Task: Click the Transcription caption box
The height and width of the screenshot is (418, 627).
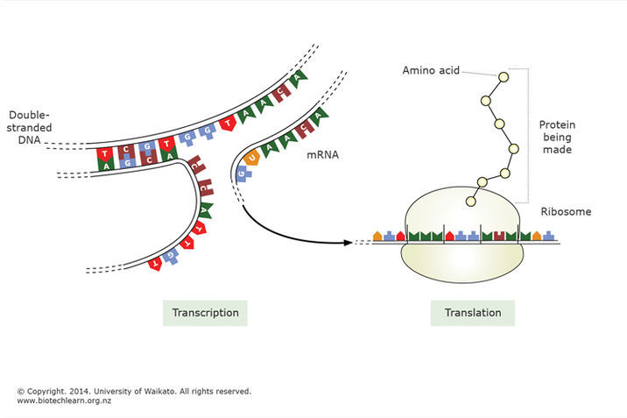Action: (x=205, y=312)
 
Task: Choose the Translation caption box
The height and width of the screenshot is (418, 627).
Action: (x=472, y=312)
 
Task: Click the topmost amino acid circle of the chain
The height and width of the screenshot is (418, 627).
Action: (x=503, y=77)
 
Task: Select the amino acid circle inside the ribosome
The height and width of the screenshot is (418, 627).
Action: (x=471, y=202)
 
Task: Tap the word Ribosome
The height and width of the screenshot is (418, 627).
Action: (x=567, y=211)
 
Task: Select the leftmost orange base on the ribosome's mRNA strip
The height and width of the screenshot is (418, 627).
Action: (x=377, y=236)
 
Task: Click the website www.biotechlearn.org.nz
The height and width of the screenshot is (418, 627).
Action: (x=64, y=400)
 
